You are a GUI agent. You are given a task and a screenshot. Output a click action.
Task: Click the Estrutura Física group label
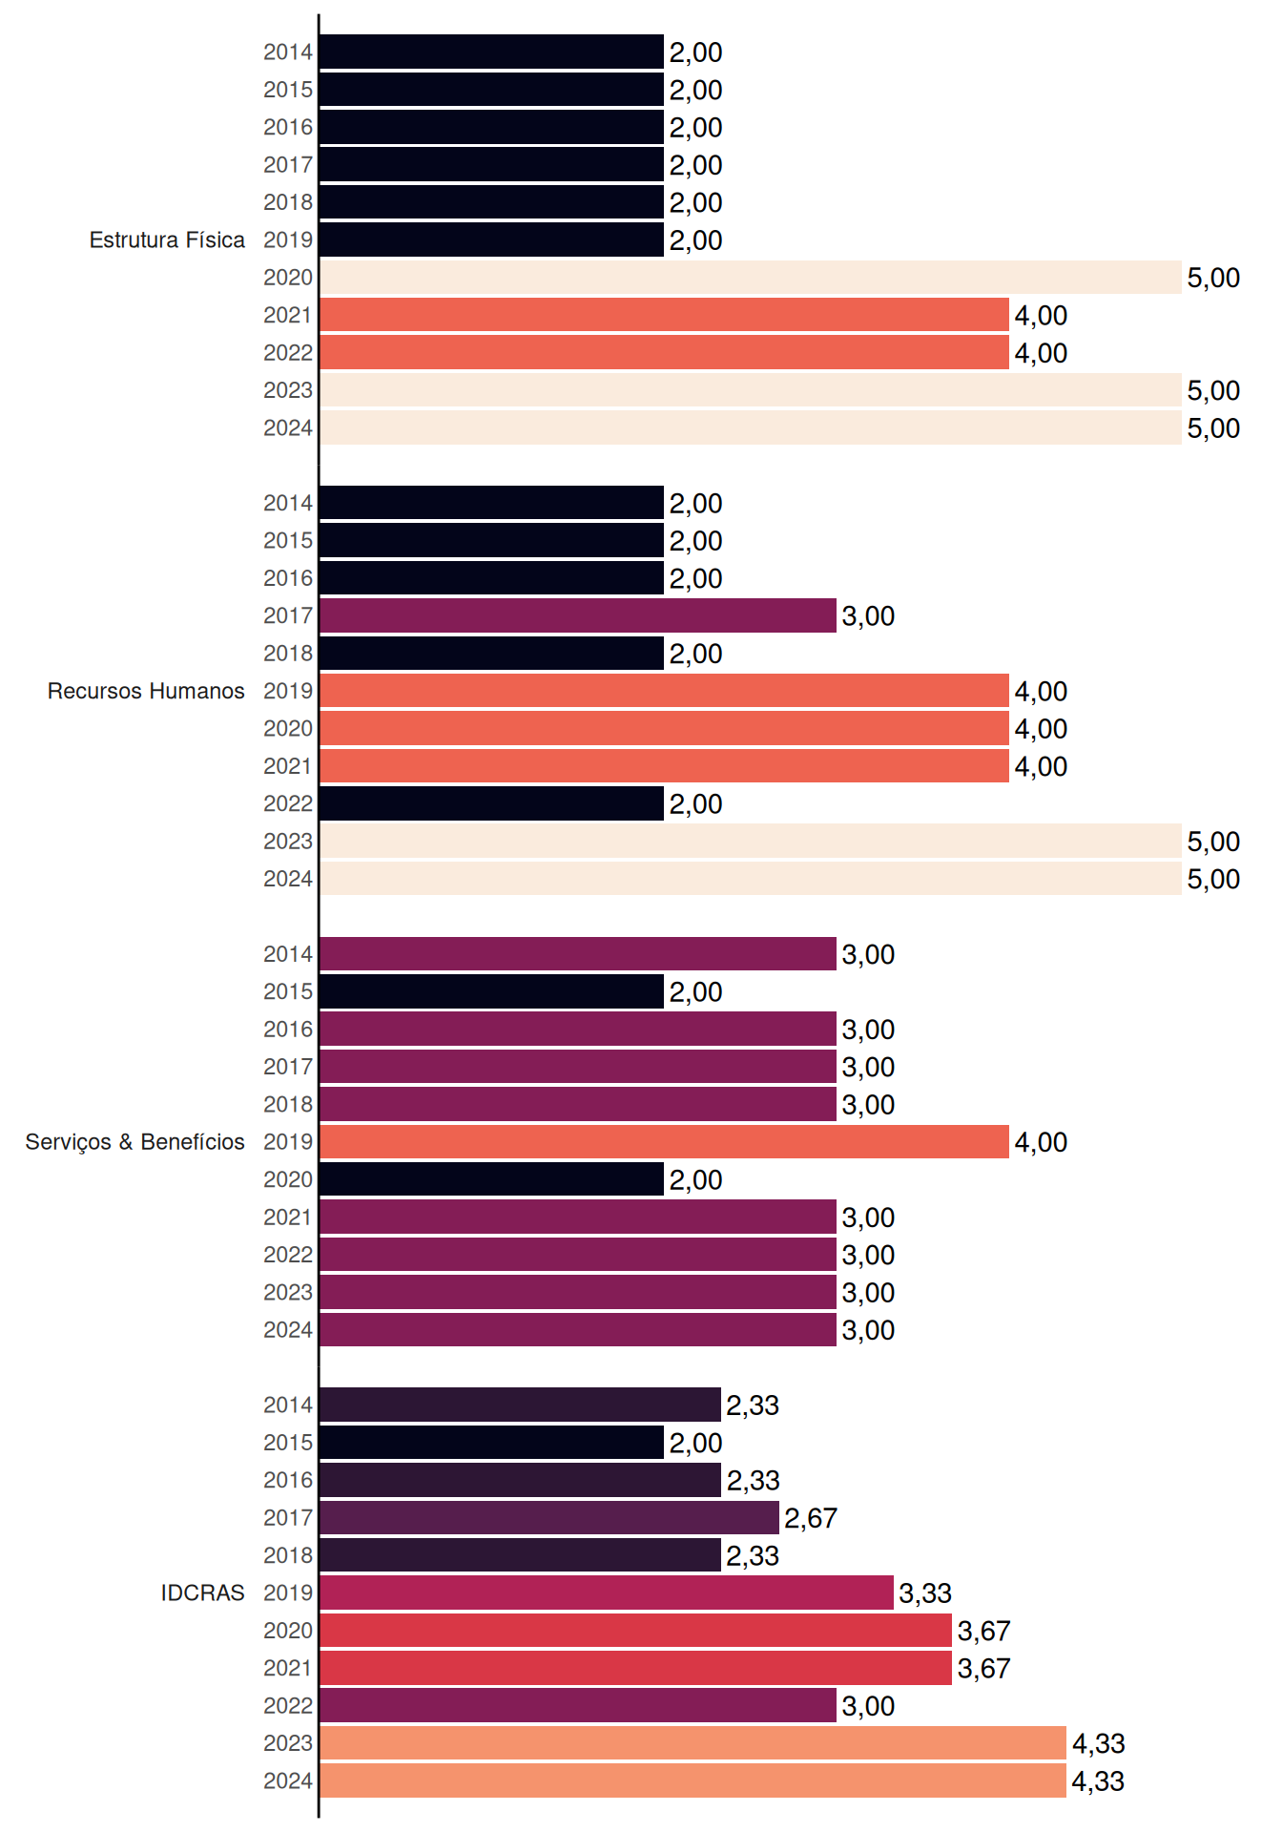click(x=167, y=239)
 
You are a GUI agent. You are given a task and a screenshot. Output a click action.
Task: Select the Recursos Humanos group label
click(x=146, y=691)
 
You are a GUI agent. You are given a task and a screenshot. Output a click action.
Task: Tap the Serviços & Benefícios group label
click(x=134, y=1142)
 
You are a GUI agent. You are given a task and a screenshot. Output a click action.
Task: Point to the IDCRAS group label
click(x=202, y=1593)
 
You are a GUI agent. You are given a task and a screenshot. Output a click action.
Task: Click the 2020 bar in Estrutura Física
click(x=751, y=278)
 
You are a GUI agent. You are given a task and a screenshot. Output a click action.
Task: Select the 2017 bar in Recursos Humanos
click(x=578, y=615)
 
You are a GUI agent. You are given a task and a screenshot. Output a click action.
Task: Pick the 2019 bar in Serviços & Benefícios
click(x=665, y=1142)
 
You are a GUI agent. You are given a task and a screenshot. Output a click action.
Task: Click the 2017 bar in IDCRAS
click(x=549, y=1517)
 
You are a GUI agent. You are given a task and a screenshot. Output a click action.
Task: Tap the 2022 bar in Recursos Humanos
click(x=492, y=803)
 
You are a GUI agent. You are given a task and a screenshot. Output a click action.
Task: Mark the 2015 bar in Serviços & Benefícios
click(x=492, y=991)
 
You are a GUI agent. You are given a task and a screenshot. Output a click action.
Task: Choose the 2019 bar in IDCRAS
click(x=607, y=1593)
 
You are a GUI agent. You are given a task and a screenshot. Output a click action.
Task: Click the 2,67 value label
click(x=811, y=1518)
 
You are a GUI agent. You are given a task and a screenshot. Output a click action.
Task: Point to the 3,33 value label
click(x=925, y=1593)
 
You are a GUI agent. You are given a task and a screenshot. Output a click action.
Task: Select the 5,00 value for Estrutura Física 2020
click(x=1213, y=279)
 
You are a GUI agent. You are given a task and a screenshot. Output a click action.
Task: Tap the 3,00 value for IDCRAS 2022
click(x=868, y=1706)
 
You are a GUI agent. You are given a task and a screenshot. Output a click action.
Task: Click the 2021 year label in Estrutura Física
click(x=288, y=315)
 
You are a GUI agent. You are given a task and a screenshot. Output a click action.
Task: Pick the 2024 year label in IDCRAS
click(x=288, y=1780)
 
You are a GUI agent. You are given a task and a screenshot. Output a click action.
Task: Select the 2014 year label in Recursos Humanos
click(x=288, y=503)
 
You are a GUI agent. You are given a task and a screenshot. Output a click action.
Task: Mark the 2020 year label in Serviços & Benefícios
click(x=288, y=1179)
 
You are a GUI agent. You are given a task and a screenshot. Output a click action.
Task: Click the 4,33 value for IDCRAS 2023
click(x=1099, y=1744)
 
